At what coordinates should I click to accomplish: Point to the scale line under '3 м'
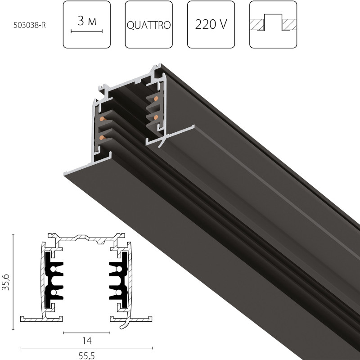coord(87,32)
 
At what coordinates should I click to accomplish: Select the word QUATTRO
coord(148,25)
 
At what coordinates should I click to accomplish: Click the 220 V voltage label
coord(211,24)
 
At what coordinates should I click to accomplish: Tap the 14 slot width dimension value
coord(87,341)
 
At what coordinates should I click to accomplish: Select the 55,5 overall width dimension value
coord(87,355)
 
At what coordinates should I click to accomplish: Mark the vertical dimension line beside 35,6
coord(13,279)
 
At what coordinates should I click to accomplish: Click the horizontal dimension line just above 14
coord(87,333)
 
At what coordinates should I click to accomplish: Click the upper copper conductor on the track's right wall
coord(156,98)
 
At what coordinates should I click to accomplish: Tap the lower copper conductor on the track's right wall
coord(156,117)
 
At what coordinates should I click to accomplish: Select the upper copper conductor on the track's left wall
coord(103,119)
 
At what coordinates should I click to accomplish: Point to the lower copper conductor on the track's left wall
coord(102,137)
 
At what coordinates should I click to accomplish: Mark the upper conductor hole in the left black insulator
coord(54,269)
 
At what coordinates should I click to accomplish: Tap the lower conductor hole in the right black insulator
coord(118,292)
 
